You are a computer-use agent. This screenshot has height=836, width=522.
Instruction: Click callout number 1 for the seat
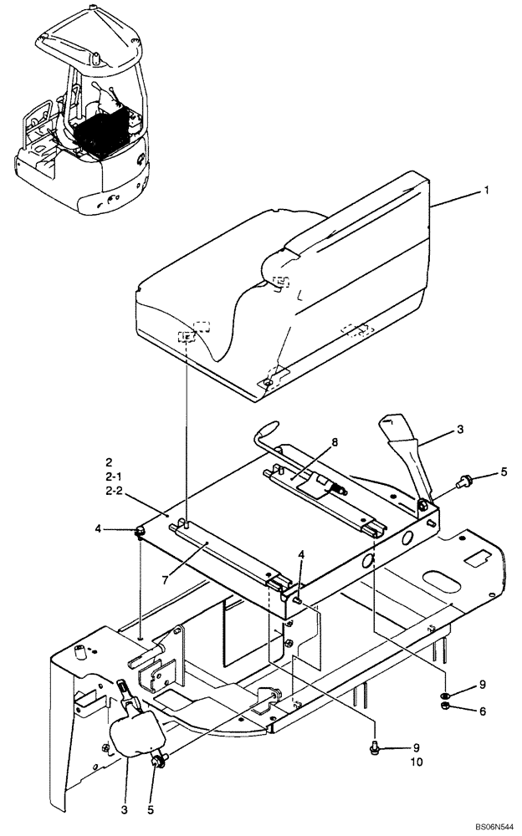(486, 191)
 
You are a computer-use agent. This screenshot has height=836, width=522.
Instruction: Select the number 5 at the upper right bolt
(503, 472)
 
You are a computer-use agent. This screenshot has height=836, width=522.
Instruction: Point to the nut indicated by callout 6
(445, 710)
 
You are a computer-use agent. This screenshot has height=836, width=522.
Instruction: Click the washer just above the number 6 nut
(445, 696)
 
